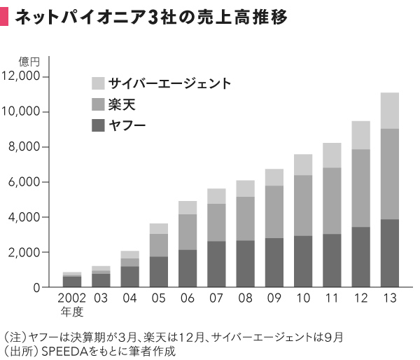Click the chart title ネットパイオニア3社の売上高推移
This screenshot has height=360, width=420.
pyautogui.click(x=151, y=18)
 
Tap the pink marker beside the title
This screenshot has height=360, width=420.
pyautogui.click(x=5, y=18)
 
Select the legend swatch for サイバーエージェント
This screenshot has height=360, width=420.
pyautogui.click(x=98, y=83)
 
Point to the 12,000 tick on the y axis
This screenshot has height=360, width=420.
pyautogui.click(x=24, y=76)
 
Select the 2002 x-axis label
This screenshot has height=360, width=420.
pyautogui.click(x=72, y=299)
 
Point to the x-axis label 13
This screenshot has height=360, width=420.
pyautogui.click(x=389, y=299)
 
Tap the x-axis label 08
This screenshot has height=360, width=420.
pyautogui.click(x=244, y=299)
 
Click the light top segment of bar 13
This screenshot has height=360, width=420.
pyautogui.click(x=389, y=111)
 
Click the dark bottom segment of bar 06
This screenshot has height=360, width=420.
pyautogui.click(x=188, y=268)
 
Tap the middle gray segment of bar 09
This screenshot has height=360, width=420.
pyautogui.click(x=274, y=212)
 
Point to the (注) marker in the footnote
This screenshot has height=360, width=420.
pyautogui.click(x=13, y=336)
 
